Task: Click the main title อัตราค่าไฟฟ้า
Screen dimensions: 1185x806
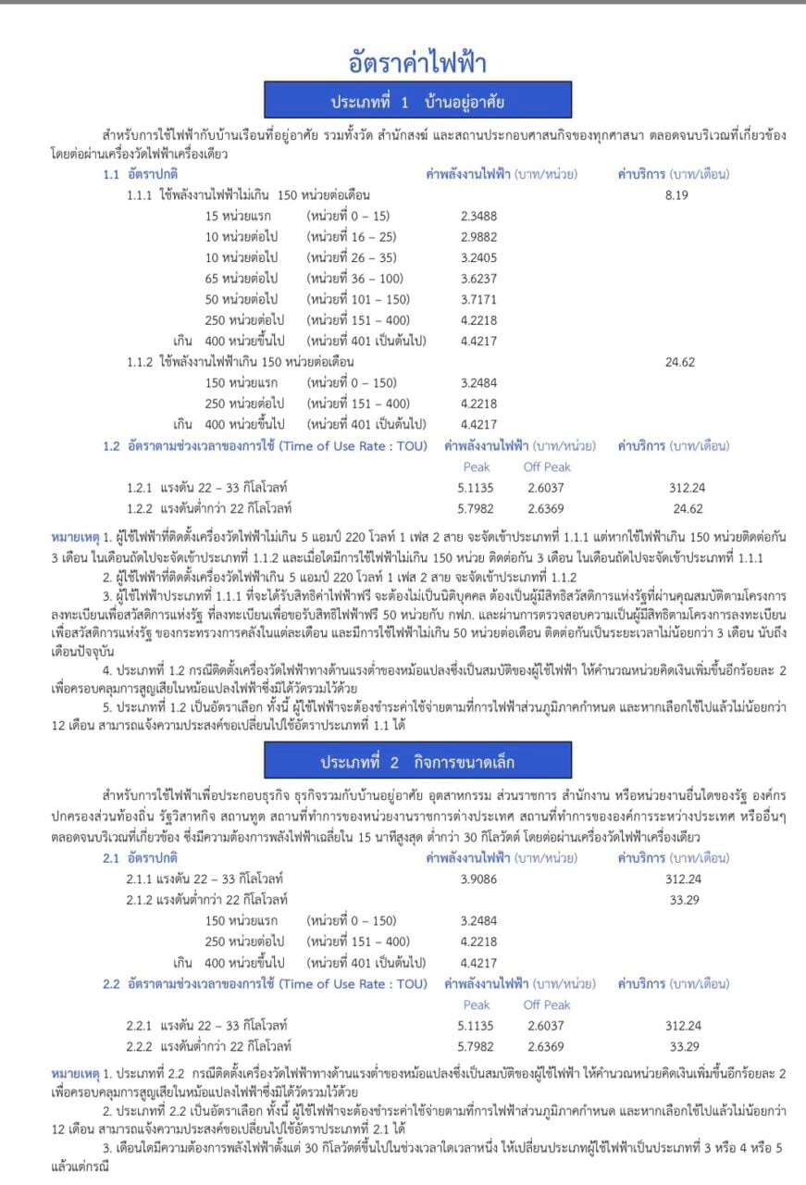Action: (417, 63)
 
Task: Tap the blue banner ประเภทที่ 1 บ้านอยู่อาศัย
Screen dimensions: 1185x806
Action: (417, 101)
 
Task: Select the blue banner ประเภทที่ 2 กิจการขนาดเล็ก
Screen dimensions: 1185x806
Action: (417, 762)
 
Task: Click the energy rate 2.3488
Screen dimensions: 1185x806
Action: (478, 216)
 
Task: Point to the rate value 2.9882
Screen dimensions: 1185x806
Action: (478, 236)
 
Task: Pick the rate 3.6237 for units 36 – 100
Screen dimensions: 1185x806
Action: (478, 278)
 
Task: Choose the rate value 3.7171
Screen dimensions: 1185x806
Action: (478, 298)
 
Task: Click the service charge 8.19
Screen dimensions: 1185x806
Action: (678, 195)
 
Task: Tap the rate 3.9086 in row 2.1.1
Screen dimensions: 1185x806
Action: (478, 878)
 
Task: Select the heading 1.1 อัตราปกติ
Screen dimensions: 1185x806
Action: (140, 174)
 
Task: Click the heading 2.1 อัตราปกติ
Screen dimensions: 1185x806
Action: (140, 857)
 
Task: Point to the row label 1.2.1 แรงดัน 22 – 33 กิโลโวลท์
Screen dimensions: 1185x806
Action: (210, 487)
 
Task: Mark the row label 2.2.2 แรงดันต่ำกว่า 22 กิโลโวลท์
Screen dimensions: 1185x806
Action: (210, 1046)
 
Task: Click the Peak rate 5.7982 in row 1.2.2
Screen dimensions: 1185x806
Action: (476, 508)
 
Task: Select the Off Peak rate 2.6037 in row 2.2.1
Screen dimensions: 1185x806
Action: (546, 1025)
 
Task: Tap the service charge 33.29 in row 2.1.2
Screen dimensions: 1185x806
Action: (683, 898)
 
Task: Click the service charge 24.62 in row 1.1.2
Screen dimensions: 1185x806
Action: (680, 362)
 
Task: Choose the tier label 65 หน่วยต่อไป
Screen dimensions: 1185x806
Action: (242, 278)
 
